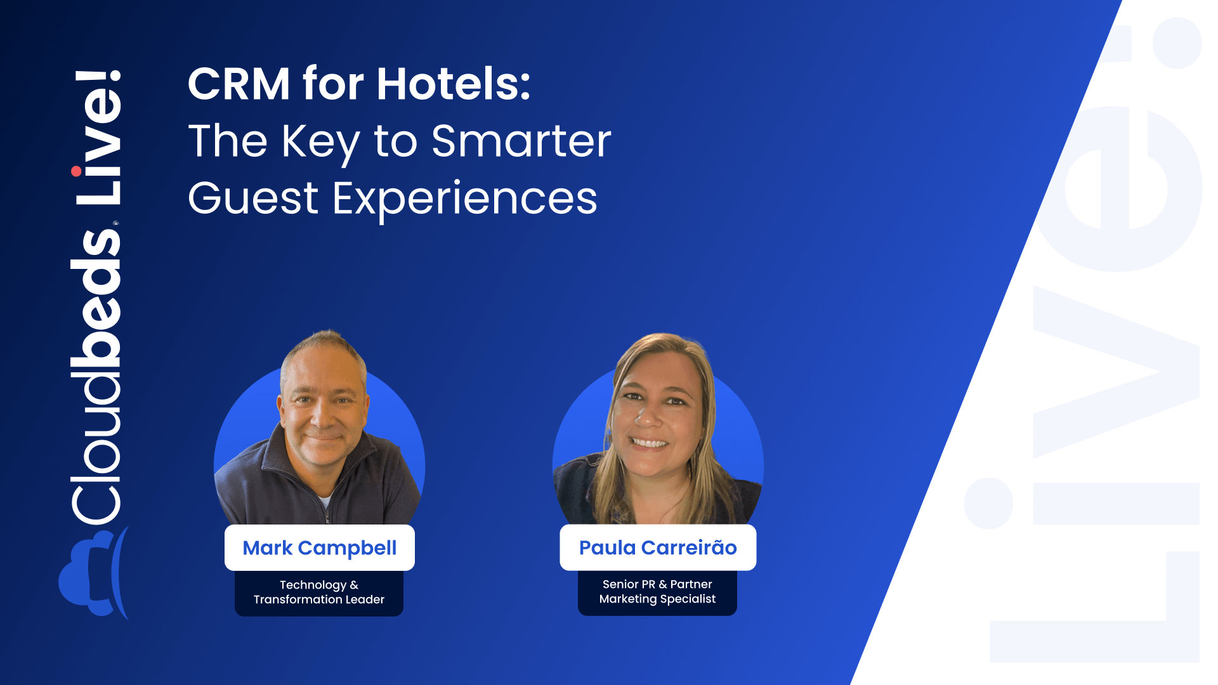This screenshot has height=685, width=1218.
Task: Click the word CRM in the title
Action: [239, 84]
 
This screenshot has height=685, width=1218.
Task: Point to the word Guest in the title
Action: [253, 199]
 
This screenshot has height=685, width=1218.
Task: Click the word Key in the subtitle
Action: [320, 143]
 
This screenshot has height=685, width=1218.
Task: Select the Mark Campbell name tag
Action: [320, 548]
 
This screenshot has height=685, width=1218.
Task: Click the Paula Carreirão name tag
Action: [658, 547]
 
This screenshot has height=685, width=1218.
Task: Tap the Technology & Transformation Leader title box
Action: [319, 593]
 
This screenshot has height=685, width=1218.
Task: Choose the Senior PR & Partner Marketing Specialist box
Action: [657, 592]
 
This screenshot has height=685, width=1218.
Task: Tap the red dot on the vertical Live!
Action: [76, 171]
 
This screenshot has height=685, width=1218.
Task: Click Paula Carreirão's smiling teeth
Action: [648, 443]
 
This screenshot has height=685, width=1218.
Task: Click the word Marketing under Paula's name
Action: [628, 599]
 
